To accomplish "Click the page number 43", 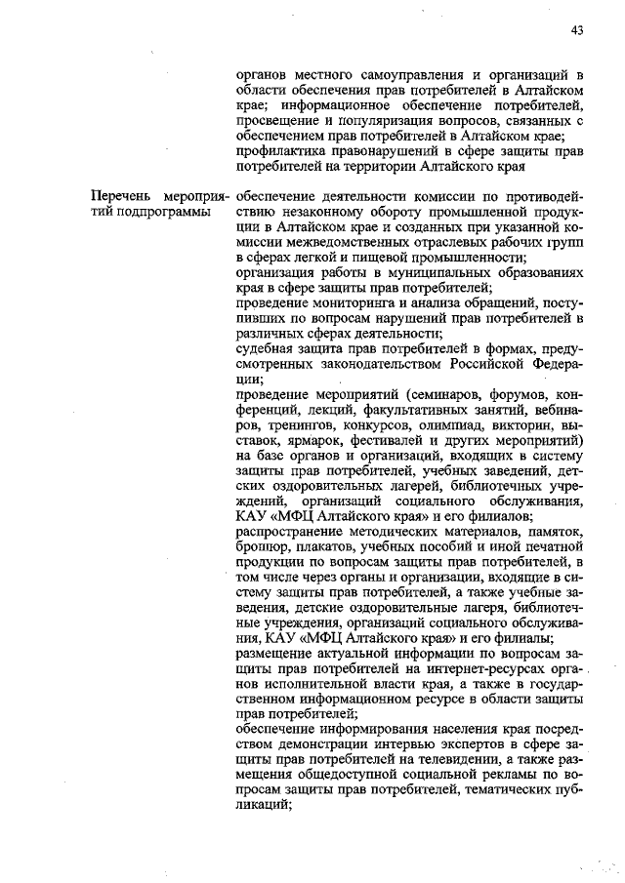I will pyautogui.click(x=577, y=30).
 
